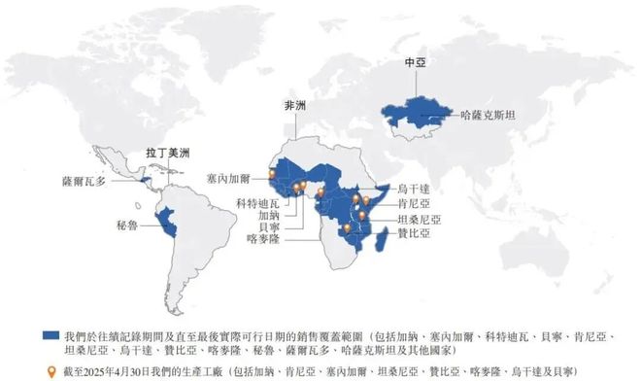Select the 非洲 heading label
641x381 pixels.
293,106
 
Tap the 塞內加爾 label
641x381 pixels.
230,180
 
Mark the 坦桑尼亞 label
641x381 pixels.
420,219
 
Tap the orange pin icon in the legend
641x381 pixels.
51,370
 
